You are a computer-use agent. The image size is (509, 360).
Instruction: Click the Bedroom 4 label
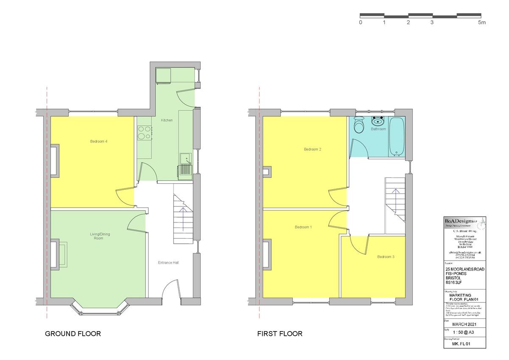click(x=98, y=141)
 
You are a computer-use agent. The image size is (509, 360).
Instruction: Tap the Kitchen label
click(x=167, y=121)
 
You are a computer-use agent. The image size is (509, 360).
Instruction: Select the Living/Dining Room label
click(x=98, y=236)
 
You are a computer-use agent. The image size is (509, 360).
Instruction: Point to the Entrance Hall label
click(x=168, y=263)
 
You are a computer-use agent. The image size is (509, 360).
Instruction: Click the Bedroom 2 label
click(x=313, y=149)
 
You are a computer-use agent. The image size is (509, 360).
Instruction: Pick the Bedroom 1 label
click(x=303, y=228)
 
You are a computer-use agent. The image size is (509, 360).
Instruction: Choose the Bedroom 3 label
click(x=386, y=257)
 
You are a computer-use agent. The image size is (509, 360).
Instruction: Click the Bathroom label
click(x=378, y=129)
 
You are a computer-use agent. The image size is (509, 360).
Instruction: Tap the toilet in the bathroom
click(x=359, y=125)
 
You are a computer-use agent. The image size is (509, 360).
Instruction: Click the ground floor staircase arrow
click(x=183, y=219)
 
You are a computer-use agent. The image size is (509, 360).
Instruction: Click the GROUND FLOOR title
click(x=73, y=334)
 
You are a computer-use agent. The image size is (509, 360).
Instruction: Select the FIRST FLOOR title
click(x=280, y=334)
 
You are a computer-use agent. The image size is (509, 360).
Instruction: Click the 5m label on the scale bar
click(x=482, y=22)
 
